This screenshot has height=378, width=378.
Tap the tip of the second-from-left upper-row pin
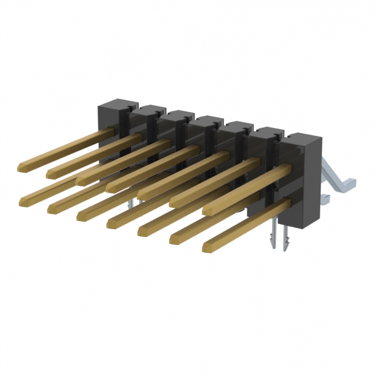point(51,172)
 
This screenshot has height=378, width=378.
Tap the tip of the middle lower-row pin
point(112,223)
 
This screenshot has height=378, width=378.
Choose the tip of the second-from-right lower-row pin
point(176,238)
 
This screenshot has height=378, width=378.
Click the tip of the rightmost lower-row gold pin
point(208,246)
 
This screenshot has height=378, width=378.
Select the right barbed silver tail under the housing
point(286,242)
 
